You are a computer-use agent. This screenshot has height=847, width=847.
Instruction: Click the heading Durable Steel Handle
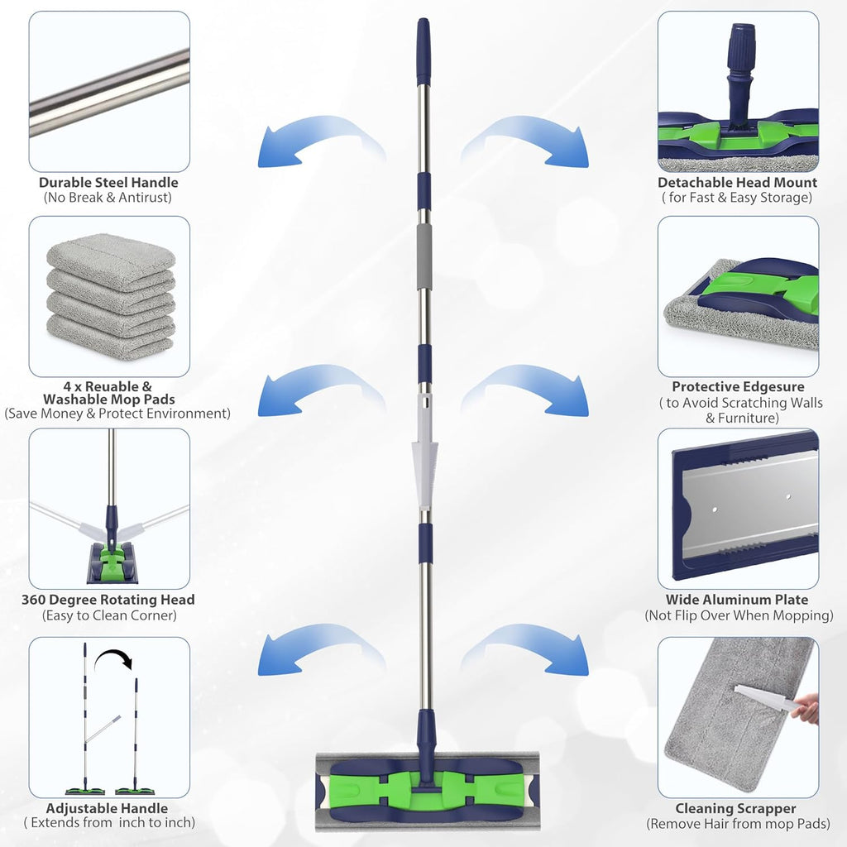pos(108,183)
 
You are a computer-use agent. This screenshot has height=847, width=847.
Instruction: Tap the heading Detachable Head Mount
pos(737,183)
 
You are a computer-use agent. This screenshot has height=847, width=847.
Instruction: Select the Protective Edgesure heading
pos(738,387)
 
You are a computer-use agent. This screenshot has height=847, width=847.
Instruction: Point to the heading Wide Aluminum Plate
pos(737,600)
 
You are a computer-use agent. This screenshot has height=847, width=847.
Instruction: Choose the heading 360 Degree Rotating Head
pos(108,600)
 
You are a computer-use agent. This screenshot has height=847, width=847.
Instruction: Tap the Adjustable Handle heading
pos(107,808)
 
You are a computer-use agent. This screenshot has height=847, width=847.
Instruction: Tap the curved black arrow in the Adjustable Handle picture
pos(114,659)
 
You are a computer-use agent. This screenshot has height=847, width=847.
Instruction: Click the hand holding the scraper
pos(806,708)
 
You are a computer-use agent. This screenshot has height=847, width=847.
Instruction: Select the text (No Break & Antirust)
pos(108,199)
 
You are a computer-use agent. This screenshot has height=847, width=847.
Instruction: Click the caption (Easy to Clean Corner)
pos(108,615)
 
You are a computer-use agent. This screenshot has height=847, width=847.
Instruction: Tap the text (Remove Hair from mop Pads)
pos(736,824)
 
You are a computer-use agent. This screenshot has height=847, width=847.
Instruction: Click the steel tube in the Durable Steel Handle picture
pos(109,91)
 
